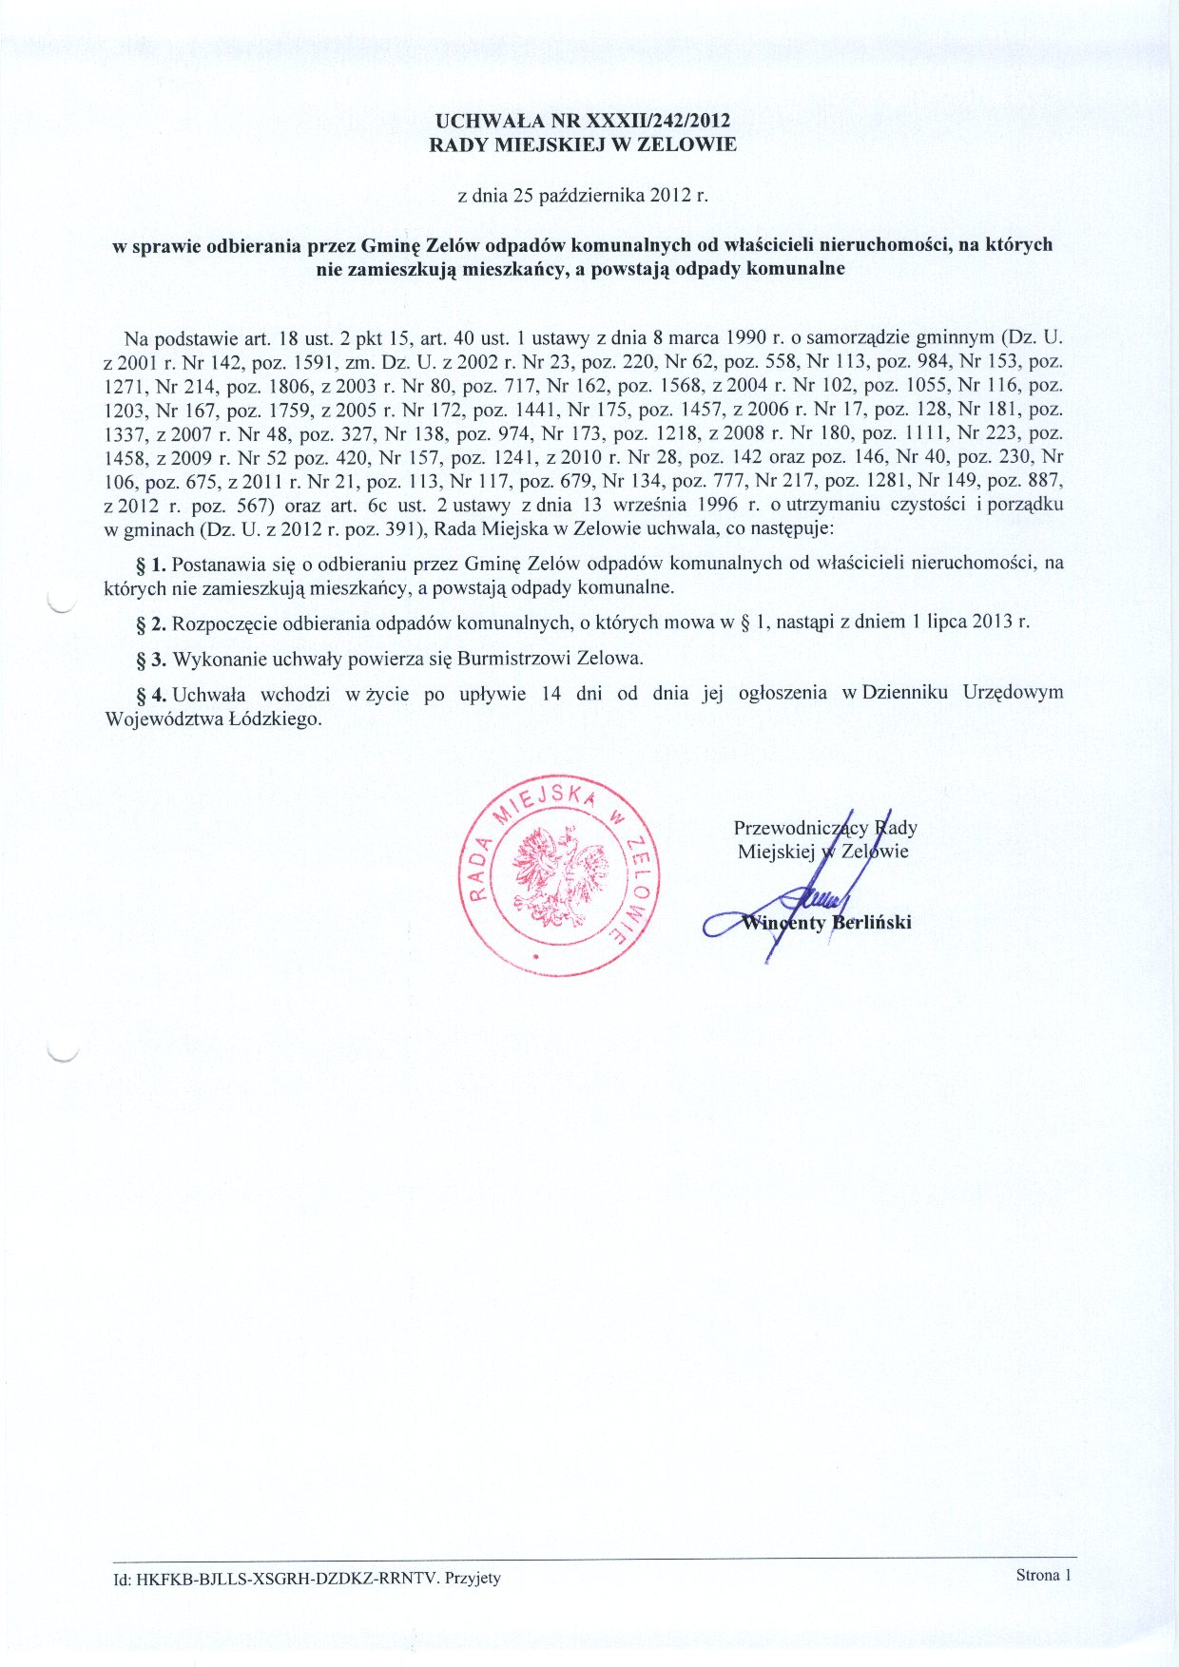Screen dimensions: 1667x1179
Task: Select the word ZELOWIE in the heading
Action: pyautogui.click(x=694, y=145)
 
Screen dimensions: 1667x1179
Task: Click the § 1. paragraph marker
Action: pyautogui.click(x=152, y=563)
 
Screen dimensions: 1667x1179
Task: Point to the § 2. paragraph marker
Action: pyautogui.click(x=152, y=623)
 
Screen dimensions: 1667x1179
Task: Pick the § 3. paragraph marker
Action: pyautogui.click(x=152, y=658)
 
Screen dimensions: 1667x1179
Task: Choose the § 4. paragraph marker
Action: pyautogui.click(x=152, y=693)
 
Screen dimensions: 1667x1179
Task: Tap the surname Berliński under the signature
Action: pyautogui.click(x=871, y=922)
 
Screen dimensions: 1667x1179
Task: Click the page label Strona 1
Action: pyautogui.click(x=1043, y=1575)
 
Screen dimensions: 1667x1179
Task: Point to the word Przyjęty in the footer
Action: pyautogui.click(x=473, y=1579)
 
